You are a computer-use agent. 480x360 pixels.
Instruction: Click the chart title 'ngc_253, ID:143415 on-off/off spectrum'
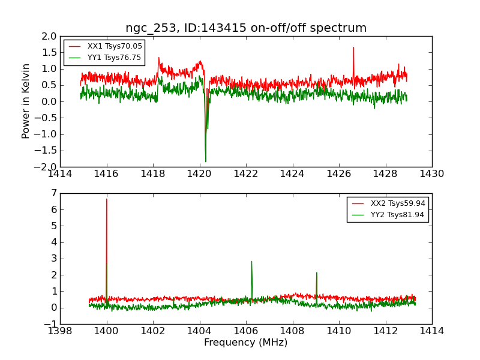click(246, 28)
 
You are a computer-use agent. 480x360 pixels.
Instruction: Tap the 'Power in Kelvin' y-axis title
click(26, 101)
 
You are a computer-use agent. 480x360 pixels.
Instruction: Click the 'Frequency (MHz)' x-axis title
click(245, 343)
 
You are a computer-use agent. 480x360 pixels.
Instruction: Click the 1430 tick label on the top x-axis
click(431, 174)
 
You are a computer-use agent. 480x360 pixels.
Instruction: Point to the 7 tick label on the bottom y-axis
click(53, 193)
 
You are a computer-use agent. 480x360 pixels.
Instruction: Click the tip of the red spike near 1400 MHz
click(107, 199)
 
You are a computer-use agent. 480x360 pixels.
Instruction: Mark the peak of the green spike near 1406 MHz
click(251, 261)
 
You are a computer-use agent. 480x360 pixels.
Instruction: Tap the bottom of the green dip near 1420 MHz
click(205, 161)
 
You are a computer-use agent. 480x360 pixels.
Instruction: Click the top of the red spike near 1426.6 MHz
click(353, 47)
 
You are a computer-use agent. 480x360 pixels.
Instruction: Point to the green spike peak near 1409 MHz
click(316, 272)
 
